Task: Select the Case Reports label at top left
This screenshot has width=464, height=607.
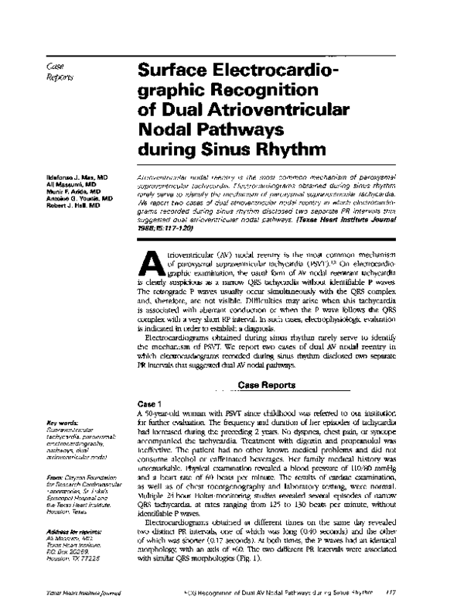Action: (60, 72)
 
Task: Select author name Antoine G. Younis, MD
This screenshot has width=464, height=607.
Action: (78, 198)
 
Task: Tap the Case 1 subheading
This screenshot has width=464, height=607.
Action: (148, 404)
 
